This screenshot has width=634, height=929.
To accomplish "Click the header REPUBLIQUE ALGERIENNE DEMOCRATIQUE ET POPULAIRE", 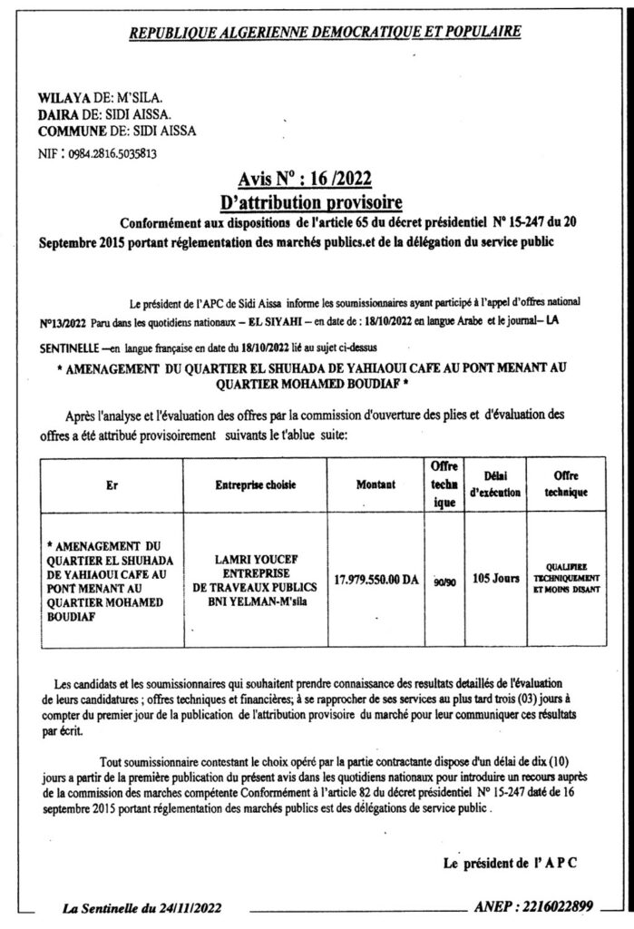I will (x=326, y=33).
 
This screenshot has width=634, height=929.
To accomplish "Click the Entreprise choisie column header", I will (x=255, y=485).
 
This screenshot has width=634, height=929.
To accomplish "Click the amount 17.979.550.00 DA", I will (x=376, y=578).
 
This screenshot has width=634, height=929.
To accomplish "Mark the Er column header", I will (x=112, y=485).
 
